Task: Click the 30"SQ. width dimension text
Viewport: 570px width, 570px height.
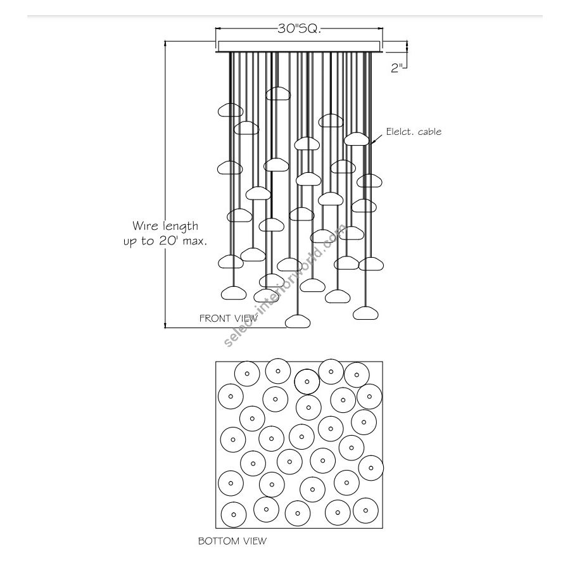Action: coord(300,29)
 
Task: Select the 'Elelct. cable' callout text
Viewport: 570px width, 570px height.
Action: coord(414,132)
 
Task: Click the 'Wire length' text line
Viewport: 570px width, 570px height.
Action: coord(165,225)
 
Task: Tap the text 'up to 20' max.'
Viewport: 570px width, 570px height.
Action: coord(165,241)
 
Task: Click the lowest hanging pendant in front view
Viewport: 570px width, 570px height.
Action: coord(298,321)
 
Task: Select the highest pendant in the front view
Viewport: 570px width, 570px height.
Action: coord(277,94)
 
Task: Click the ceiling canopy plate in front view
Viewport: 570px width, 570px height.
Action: coord(300,46)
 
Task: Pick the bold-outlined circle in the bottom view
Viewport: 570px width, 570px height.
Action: coord(307,381)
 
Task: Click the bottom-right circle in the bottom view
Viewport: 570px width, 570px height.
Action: coord(366,510)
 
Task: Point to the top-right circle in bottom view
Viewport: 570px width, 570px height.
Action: coord(357,374)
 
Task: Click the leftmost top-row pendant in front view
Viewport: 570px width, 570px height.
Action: coord(231,110)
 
